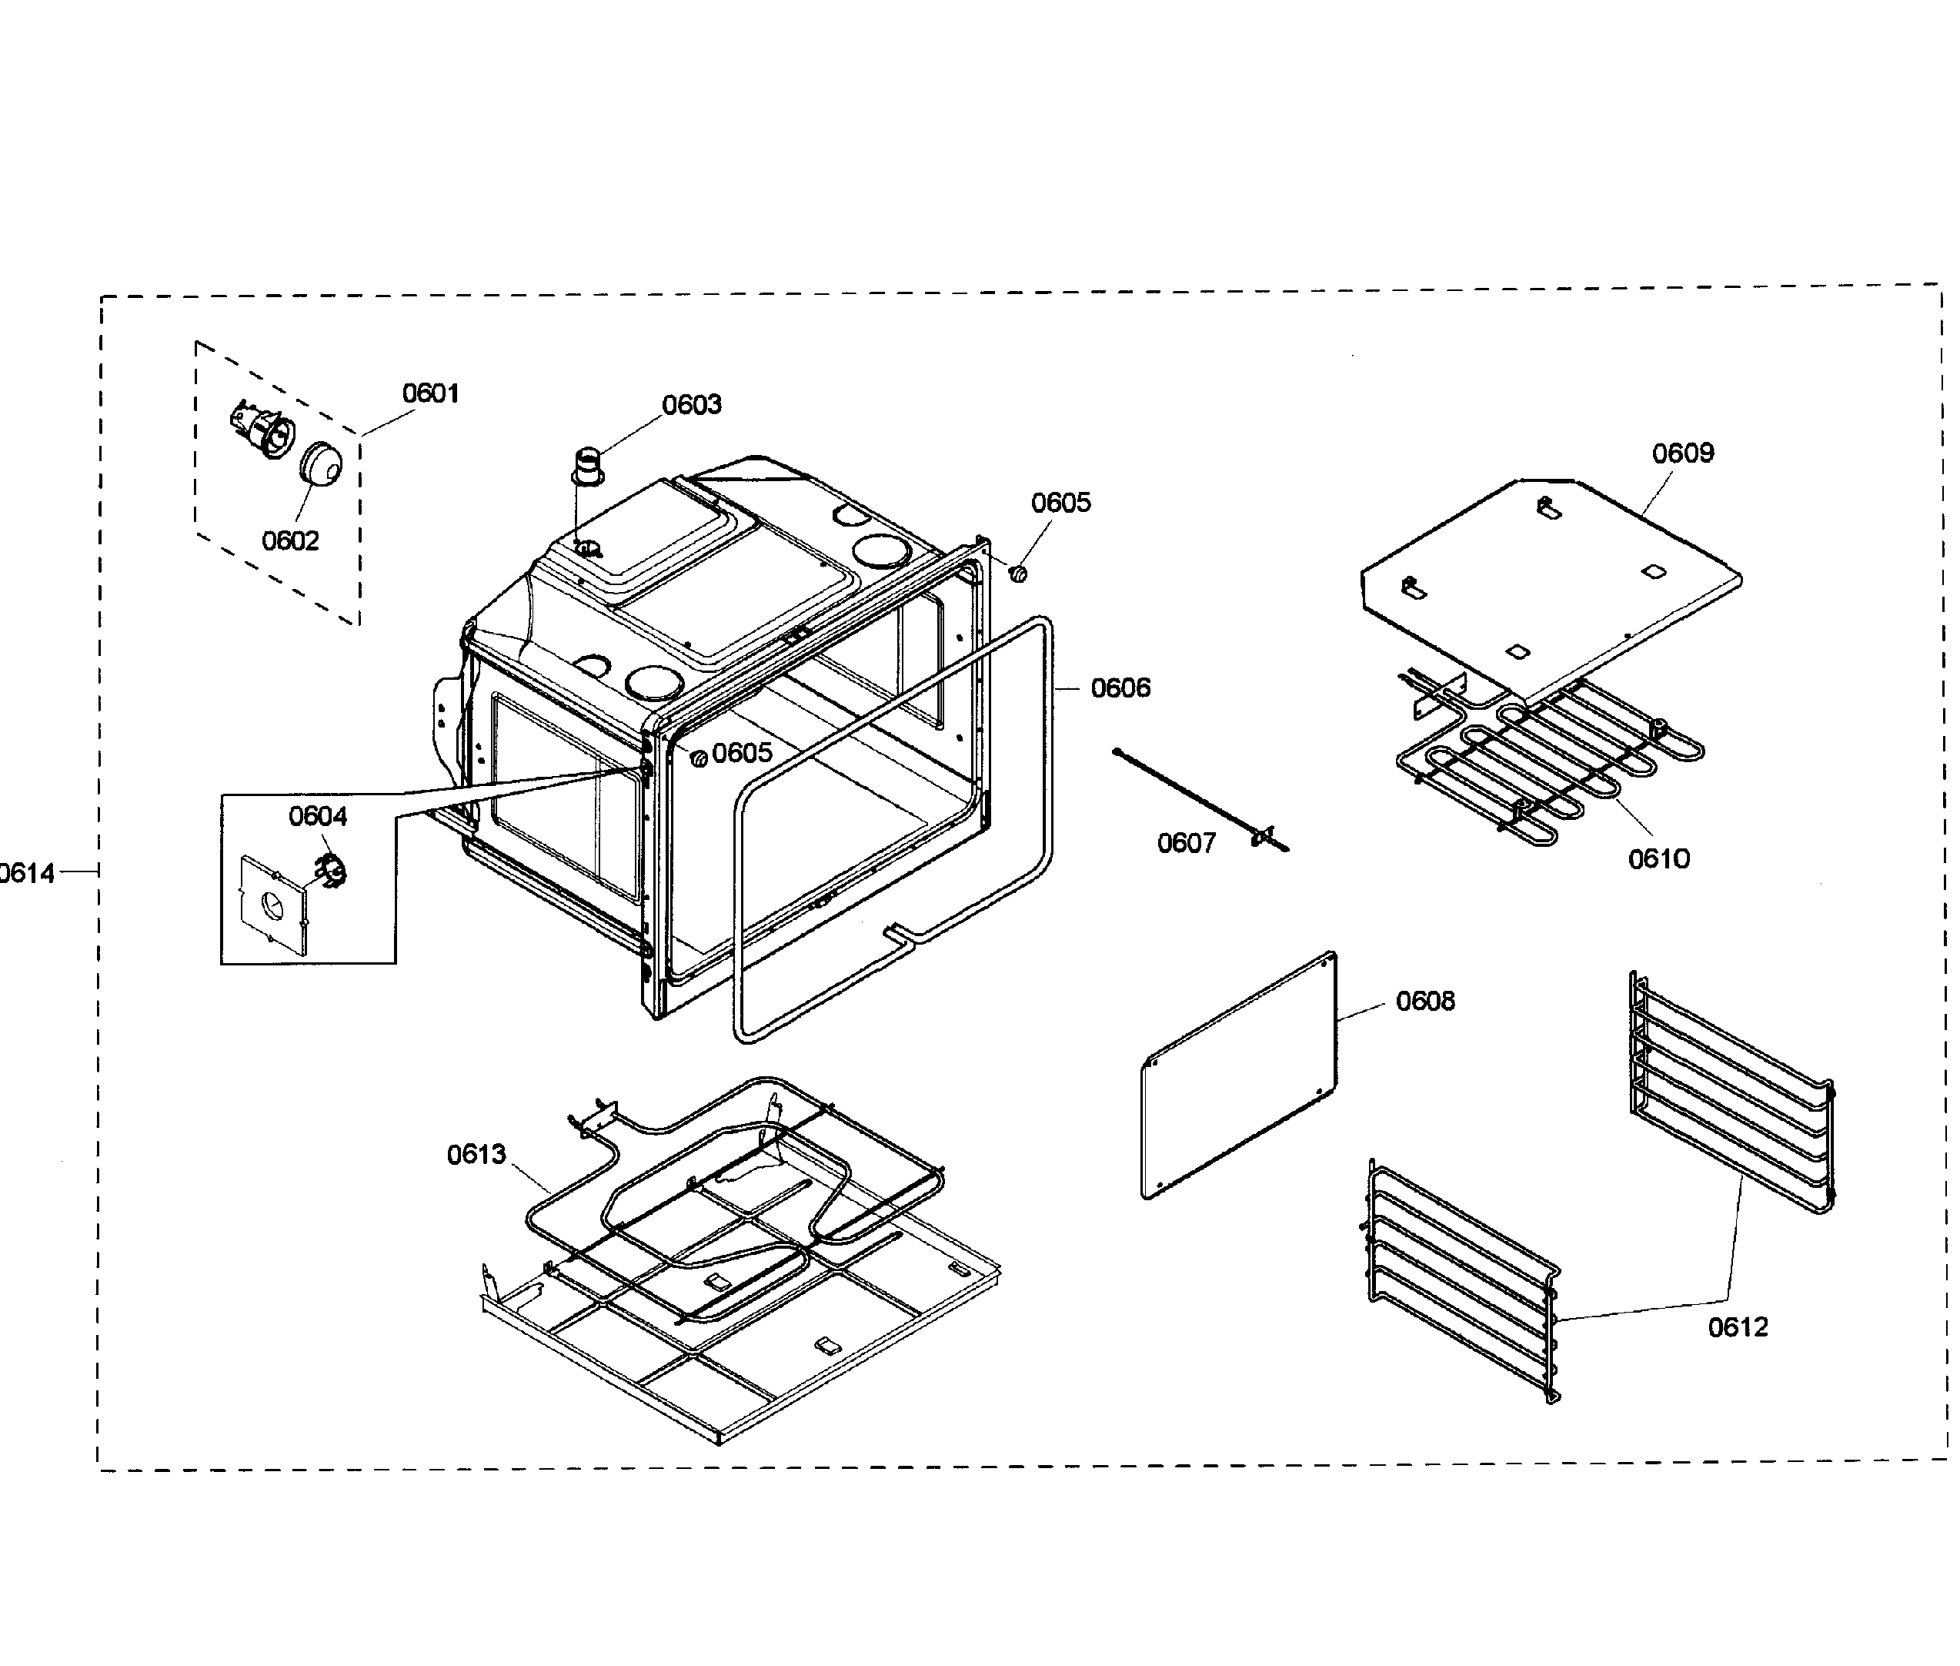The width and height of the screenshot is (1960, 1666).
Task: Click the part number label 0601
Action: click(x=429, y=393)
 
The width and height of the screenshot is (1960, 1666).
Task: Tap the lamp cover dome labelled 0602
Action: click(x=321, y=465)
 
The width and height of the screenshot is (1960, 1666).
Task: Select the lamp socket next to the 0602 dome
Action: click(x=262, y=430)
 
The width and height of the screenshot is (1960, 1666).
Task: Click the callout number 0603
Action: click(x=691, y=404)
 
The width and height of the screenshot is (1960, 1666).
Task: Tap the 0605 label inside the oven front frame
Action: click(x=741, y=753)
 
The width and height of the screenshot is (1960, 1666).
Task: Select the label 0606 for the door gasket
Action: click(x=1120, y=687)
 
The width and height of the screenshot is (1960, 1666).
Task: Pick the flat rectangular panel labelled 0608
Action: click(x=1239, y=1077)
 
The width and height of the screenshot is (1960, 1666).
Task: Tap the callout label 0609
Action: click(x=1682, y=453)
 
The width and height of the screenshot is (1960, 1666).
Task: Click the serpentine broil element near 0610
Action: click(x=1548, y=765)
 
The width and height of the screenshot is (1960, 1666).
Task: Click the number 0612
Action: click(x=1737, y=1327)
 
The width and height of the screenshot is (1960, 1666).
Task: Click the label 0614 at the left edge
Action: click(x=26, y=873)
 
